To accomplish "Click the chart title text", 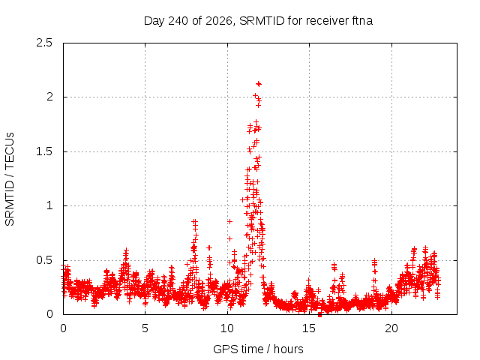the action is coord(258,21).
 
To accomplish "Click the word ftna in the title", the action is coord(362,21).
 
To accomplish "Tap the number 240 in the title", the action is coord(178,21).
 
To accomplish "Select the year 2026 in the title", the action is coord(218,21).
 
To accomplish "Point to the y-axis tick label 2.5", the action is coord(44,43).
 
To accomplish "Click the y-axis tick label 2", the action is coord(50,97).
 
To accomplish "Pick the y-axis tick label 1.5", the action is coord(44,151).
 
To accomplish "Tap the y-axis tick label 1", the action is coord(50,205).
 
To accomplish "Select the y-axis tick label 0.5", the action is coord(44,260).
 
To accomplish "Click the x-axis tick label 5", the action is coord(145,328).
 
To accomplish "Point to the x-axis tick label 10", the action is coord(227,328).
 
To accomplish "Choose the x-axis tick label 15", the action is coord(309,328).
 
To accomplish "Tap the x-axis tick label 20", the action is coord(391,328).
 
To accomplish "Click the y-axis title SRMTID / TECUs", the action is coord(10,179).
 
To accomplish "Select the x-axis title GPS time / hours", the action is coord(258,349).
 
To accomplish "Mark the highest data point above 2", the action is coord(259,84).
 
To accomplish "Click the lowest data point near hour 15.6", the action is coord(319,314).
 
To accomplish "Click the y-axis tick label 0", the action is coord(50,314).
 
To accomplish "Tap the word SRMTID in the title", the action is coord(262,21).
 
